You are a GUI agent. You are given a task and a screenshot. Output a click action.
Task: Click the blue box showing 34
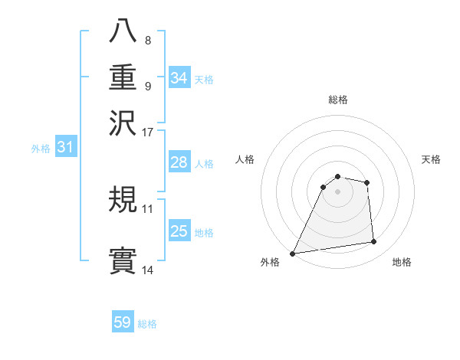179,77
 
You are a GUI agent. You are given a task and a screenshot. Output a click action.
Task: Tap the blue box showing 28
179,162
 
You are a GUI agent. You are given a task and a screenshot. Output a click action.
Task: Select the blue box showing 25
179,231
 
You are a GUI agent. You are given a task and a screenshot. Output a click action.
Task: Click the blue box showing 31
65,147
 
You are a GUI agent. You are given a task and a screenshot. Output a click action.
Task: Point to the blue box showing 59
123,322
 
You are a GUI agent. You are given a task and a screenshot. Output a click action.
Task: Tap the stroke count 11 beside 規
148,208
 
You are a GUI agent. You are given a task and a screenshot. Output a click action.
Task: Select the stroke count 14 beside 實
148,270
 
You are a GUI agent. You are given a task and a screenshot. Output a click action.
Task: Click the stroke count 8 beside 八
147,40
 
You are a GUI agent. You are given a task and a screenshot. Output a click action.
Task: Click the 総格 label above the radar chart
338,100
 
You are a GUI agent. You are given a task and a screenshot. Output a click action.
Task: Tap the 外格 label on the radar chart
270,263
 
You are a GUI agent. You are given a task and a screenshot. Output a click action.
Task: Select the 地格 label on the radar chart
402,263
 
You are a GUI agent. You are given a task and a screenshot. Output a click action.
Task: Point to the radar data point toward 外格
292,254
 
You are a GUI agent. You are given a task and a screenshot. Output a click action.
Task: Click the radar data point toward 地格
374,242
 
